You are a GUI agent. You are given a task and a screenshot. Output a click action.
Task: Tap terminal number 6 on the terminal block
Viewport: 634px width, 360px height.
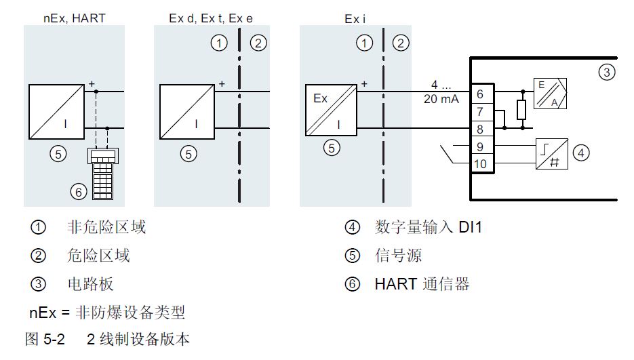tap(480, 95)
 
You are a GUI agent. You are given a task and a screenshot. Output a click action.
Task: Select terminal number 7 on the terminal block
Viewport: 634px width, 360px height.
tap(480, 111)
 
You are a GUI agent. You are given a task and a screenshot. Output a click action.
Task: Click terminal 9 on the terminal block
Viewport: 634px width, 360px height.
tap(480, 146)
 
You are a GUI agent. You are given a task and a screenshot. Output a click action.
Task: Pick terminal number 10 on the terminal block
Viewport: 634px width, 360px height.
tap(480, 163)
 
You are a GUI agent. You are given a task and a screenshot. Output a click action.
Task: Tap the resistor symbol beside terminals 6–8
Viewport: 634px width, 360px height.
tap(522, 109)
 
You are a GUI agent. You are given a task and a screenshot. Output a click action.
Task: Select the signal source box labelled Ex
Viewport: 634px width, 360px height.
tap(332, 110)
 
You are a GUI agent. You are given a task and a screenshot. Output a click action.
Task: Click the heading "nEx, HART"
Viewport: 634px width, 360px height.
tap(73, 18)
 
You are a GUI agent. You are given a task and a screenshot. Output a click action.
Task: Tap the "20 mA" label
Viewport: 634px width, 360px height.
tap(441, 99)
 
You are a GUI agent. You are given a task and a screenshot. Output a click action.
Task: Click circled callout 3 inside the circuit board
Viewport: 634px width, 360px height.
tap(608, 71)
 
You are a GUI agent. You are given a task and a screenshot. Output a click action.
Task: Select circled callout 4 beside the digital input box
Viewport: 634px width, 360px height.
tap(580, 153)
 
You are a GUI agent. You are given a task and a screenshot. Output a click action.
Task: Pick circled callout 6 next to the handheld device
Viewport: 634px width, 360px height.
tap(78, 193)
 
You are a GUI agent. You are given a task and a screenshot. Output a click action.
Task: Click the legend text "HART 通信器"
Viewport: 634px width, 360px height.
tap(422, 285)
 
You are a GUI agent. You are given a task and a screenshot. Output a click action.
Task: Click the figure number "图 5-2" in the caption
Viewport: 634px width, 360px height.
tap(45, 339)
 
